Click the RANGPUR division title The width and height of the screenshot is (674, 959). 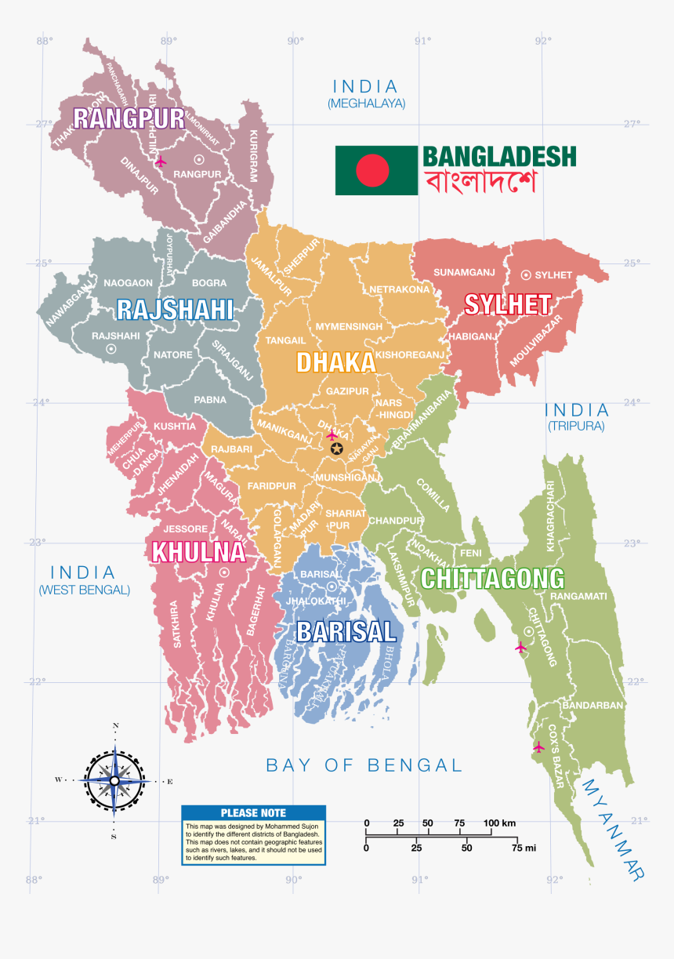(129, 118)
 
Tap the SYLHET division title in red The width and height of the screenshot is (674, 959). (507, 304)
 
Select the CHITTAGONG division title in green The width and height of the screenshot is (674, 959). (492, 579)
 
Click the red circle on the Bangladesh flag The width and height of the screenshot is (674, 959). (372, 170)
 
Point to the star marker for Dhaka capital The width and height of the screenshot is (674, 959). (337, 449)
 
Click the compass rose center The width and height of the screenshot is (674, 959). (115, 780)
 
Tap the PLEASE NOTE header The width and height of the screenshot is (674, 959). (253, 813)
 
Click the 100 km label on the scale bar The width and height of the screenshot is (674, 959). (499, 823)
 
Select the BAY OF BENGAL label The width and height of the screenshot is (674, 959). (364, 765)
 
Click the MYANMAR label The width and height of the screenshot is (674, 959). (614, 828)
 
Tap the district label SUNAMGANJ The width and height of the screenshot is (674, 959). (465, 273)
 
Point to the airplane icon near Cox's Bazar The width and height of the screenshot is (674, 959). (538, 746)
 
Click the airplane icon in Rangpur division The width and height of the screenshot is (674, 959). (161, 162)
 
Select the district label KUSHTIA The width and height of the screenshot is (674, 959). (175, 427)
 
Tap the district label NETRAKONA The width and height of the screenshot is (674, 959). (400, 289)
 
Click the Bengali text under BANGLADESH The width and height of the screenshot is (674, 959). (480, 183)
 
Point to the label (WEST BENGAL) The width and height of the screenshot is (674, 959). (84, 590)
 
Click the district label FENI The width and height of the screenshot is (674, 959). (471, 553)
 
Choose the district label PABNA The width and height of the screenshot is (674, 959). (210, 399)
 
